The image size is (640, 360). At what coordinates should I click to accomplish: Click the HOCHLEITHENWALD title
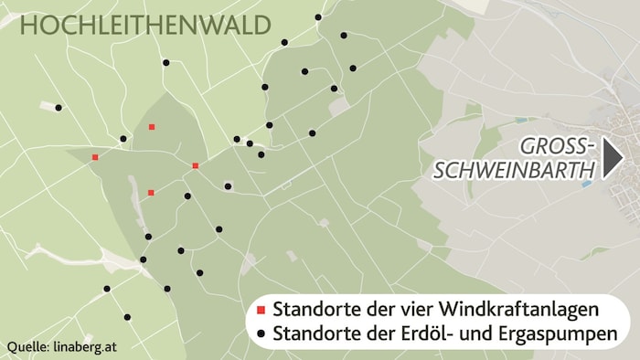145,26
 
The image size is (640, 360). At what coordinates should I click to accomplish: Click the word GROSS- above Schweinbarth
557,146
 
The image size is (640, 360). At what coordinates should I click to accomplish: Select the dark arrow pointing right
613,158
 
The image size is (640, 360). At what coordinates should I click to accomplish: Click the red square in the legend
261,307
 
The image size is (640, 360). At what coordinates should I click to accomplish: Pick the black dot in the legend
261,334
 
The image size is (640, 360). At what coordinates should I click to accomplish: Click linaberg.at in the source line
85,347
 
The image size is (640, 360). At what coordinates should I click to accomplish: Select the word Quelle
28,347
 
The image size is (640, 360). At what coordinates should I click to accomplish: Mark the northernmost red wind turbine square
152,127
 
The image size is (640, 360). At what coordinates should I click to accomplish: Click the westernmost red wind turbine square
95,157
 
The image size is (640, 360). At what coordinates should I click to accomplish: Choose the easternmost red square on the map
196,165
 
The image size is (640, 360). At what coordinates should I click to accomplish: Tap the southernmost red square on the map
151,193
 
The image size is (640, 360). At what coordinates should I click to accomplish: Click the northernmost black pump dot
318,17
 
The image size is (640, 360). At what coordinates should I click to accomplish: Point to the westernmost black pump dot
59,108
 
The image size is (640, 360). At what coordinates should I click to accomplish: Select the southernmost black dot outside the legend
127,318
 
